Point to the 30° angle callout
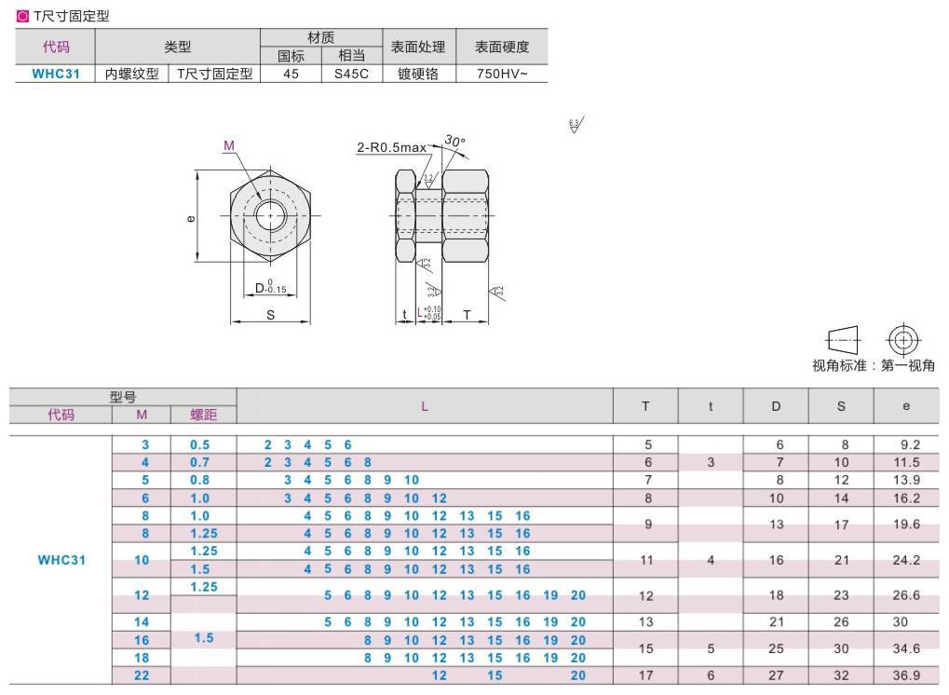[454, 142]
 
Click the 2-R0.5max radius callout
[391, 147]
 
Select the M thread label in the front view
[228, 144]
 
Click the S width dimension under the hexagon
[270, 315]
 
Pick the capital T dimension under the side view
[466, 315]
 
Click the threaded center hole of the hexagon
[271, 216]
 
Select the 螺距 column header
[203, 415]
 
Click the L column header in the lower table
[425, 406]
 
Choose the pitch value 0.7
[200, 462]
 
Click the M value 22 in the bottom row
[142, 675]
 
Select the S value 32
[841, 675]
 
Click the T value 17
[646, 675]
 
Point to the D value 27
[776, 675]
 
